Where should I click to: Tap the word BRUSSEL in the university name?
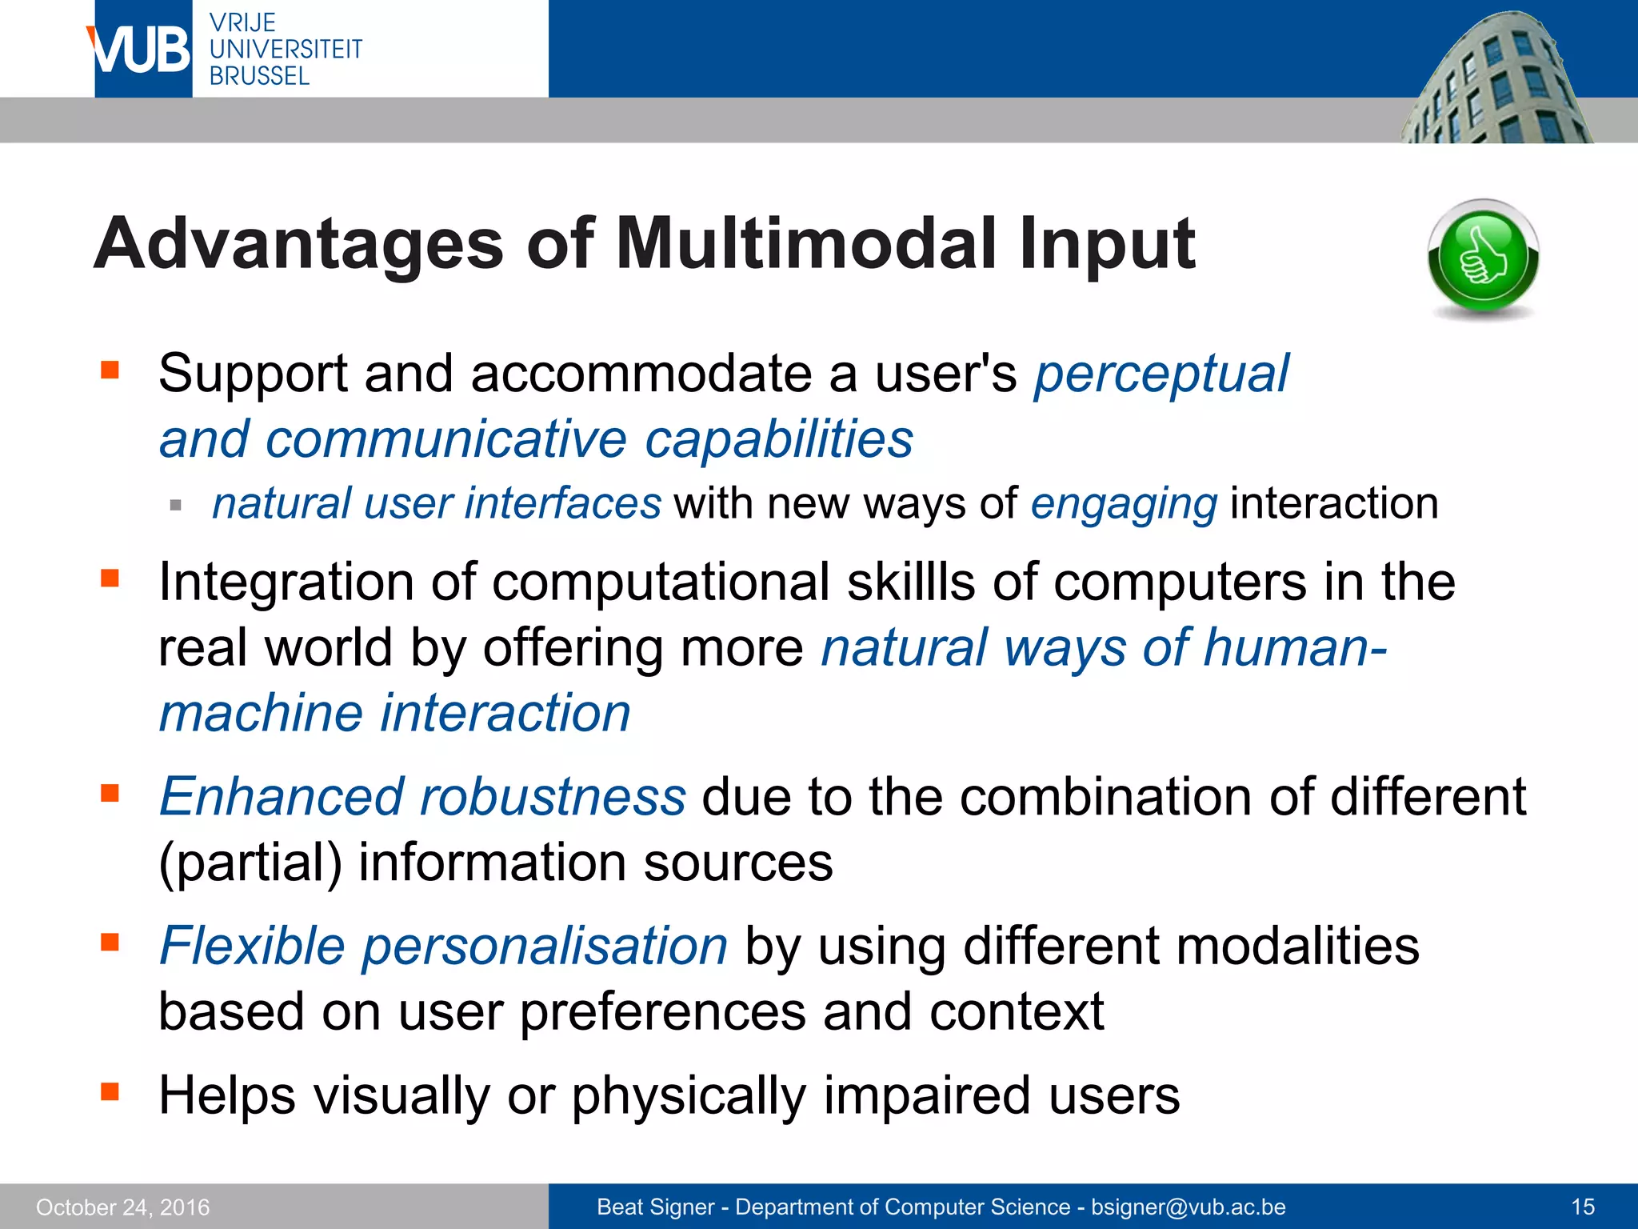(259, 76)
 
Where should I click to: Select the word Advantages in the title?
(299, 244)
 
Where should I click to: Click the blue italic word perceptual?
(1161, 374)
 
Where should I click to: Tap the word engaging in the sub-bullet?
(1124, 504)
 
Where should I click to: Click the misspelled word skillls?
(912, 582)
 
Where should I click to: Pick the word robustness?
(553, 797)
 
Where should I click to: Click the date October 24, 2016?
(122, 1207)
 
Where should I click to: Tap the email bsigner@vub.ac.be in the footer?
(1189, 1207)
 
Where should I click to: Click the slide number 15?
(1583, 1207)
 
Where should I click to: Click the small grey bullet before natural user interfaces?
(176, 506)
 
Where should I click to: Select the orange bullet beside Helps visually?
(110, 1091)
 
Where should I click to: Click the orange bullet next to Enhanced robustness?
(110, 793)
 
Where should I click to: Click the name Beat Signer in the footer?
(655, 1207)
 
